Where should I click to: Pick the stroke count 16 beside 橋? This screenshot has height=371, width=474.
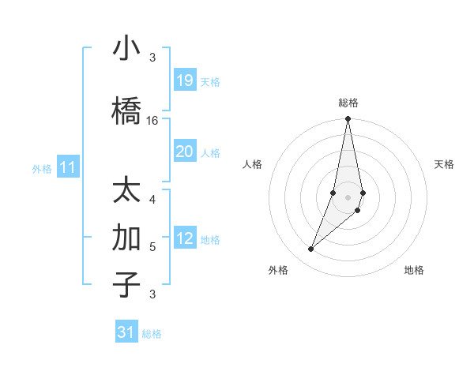[152, 120]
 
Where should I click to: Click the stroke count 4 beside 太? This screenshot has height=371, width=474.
[152, 199]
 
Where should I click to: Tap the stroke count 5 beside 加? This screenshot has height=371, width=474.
[152, 246]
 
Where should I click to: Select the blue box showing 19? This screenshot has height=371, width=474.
[185, 81]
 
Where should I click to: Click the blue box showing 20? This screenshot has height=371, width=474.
[185, 152]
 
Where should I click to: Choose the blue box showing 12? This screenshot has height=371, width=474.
[185, 239]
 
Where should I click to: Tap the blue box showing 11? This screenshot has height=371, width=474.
[68, 167]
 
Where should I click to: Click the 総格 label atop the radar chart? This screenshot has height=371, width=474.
[348, 103]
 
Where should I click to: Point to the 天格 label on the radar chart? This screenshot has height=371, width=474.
[445, 164]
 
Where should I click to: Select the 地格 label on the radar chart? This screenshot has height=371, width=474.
[414, 270]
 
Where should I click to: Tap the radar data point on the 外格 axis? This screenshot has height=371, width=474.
[310, 249]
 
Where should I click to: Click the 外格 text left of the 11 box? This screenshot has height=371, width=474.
[42, 168]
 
